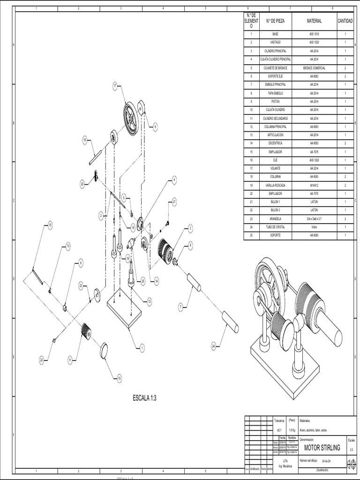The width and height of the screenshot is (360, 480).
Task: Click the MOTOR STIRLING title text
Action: [x=322, y=448]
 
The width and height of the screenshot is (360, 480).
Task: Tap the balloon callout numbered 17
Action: [x=115, y=86]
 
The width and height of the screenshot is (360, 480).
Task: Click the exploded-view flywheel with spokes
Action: [x=131, y=120]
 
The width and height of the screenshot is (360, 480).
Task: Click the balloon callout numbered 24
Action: [x=214, y=346]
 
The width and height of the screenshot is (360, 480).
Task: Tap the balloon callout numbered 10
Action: [x=119, y=378]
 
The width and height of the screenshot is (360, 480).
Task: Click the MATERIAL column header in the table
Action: [x=314, y=21]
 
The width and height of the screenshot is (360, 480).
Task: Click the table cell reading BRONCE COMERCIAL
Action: [x=314, y=68]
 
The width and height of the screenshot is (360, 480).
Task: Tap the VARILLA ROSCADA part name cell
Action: [x=275, y=185]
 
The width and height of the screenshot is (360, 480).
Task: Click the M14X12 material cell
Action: [x=314, y=185]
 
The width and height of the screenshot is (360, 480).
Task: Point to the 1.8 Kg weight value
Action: [x=292, y=430]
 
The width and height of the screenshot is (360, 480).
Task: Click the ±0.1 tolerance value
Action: [x=280, y=430]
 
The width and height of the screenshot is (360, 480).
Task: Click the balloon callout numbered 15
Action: [x=50, y=225]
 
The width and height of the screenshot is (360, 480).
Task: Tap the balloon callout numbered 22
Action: [x=41, y=360]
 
